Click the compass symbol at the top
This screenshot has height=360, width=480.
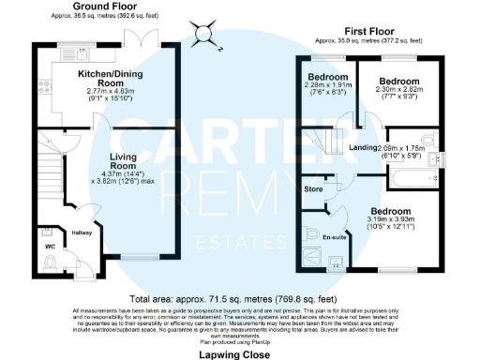click(x=202, y=36)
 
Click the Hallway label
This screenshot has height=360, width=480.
click(x=81, y=232)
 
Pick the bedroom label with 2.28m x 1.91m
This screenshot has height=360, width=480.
click(x=327, y=77)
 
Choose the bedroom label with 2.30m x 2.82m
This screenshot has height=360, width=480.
click(x=397, y=82)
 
